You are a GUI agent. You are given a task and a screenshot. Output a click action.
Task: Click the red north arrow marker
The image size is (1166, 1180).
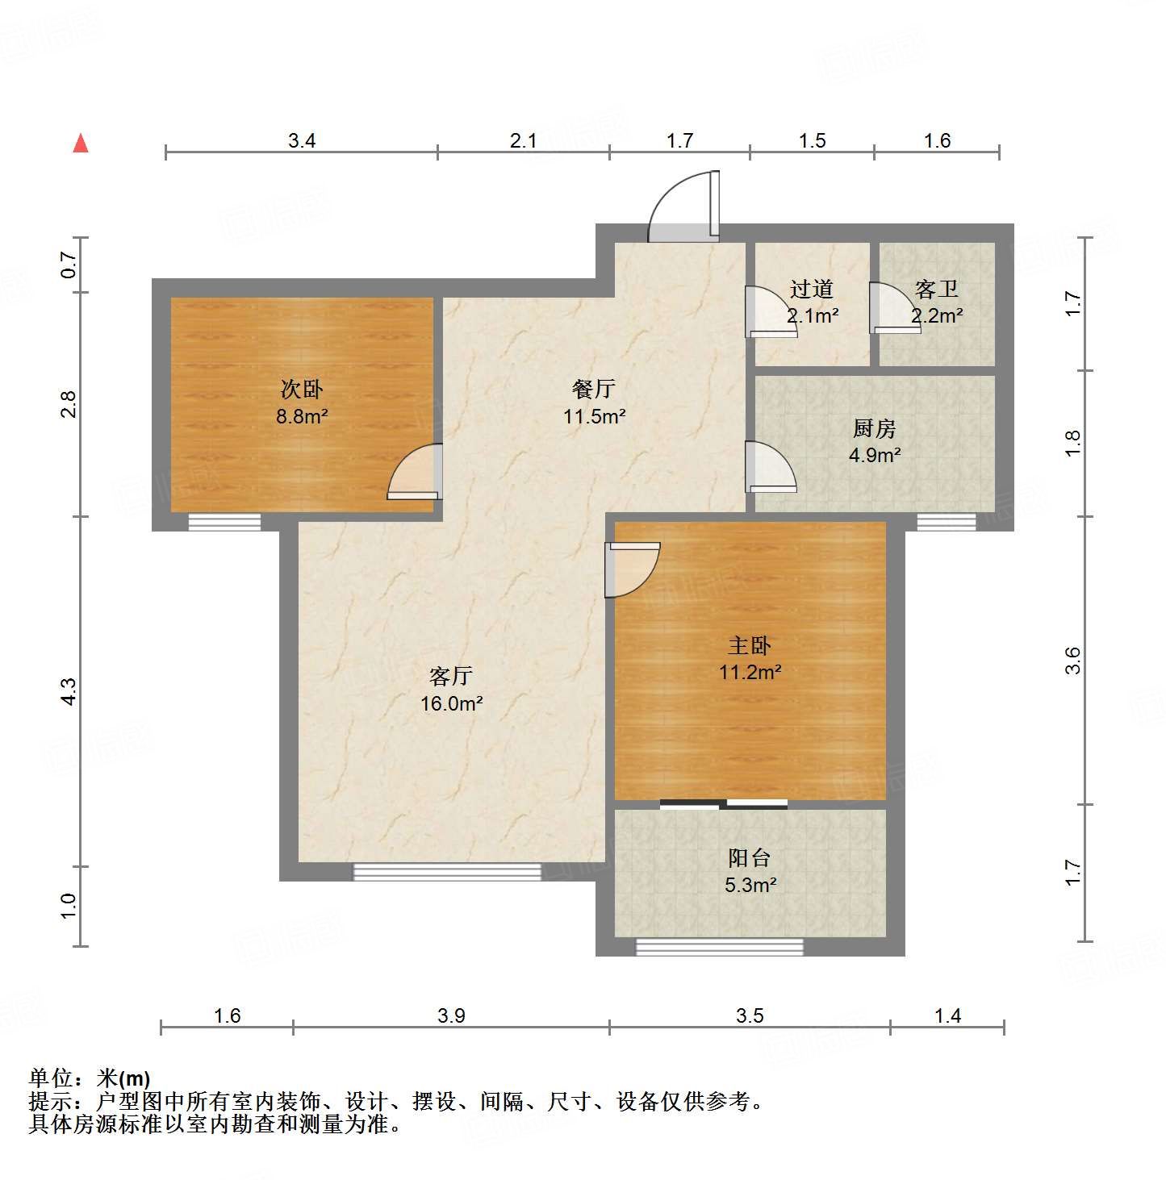pos(81,144)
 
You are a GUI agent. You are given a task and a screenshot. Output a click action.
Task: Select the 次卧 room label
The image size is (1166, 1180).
pos(302,390)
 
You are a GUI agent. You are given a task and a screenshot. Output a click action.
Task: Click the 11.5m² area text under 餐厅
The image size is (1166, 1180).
pos(595,417)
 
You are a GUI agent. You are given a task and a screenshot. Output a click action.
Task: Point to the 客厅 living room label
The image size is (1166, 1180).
pos(450,676)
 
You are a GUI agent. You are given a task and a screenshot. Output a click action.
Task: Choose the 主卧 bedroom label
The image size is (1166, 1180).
pos(750,645)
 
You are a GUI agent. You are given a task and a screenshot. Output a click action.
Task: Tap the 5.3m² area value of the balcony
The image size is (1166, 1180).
pos(750,885)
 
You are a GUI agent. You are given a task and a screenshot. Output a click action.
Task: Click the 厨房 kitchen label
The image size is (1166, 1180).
pos(875,428)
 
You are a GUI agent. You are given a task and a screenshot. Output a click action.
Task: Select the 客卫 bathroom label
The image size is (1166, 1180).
pos(937,289)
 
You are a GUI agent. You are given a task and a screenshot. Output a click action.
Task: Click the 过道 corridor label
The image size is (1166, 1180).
pos(811,289)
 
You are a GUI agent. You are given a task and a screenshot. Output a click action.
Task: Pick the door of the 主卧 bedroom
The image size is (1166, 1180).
pos(631,569)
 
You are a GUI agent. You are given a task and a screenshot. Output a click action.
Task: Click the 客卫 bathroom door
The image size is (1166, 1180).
pos(893,308)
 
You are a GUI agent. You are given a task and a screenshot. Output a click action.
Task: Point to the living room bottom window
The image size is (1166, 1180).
pos(447,871)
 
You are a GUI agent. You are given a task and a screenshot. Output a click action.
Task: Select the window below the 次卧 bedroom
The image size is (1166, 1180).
pos(224,522)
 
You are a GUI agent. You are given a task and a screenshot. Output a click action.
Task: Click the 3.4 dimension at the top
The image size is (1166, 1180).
pos(302,141)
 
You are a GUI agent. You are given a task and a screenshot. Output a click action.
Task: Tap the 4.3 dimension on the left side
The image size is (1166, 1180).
pos(69,691)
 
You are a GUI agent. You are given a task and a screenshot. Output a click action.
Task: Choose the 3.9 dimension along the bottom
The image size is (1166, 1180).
pos(451,1015)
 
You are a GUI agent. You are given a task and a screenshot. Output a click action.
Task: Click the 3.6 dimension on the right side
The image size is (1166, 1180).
pos(1072,661)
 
